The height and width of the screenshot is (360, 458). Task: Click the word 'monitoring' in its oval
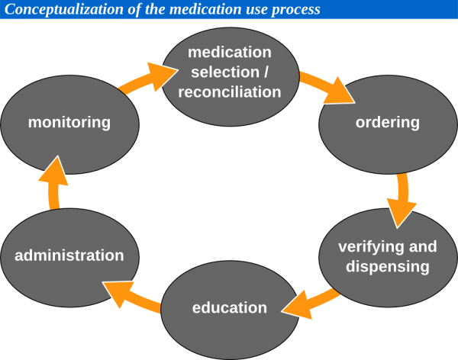point(69,122)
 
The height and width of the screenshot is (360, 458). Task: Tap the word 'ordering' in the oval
point(388,122)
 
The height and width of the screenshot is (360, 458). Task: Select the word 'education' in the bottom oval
point(230,308)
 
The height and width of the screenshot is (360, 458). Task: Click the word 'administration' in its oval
point(69,256)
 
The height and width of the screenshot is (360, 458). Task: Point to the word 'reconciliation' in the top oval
point(230,92)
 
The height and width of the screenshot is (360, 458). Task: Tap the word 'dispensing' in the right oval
point(388,267)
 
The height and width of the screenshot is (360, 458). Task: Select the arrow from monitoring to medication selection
point(145,79)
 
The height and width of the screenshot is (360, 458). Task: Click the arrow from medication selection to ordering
point(327,87)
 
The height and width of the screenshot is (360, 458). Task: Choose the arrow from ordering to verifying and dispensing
point(402,200)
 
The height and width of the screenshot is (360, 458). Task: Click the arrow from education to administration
point(130,296)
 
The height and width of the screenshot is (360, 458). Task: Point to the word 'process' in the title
point(293,10)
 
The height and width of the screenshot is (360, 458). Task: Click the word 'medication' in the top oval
point(230,53)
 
